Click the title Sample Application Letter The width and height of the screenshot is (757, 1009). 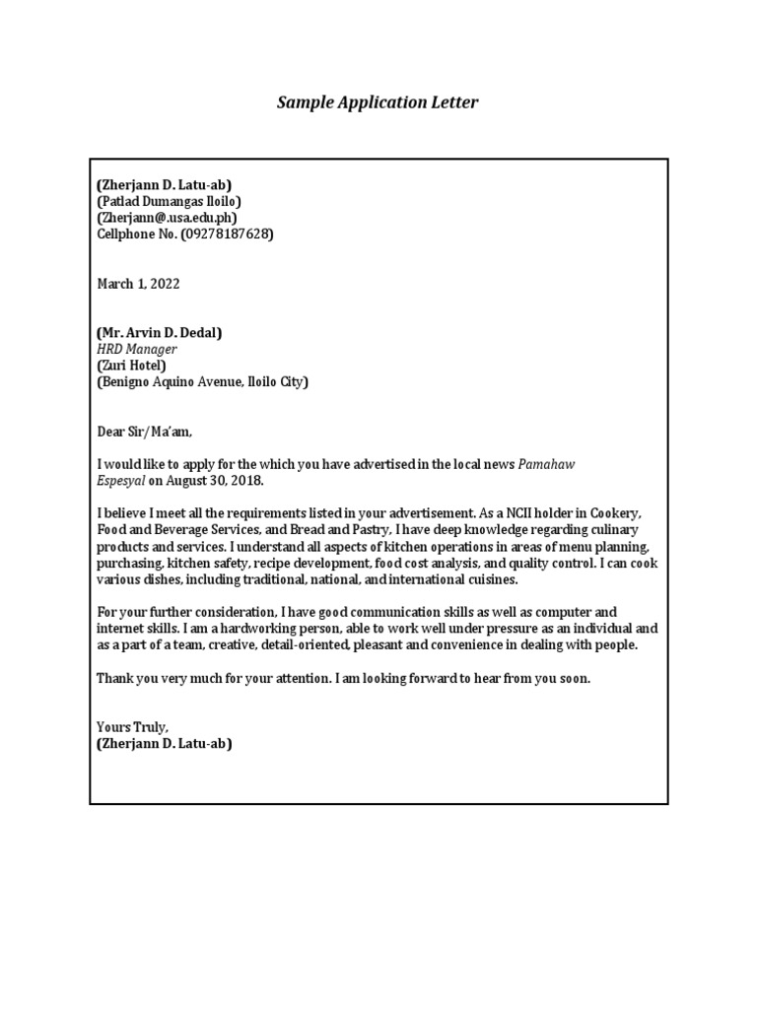coord(378,102)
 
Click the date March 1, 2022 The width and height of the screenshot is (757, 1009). coord(138,284)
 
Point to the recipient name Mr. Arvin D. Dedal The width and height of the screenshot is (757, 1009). coord(159,333)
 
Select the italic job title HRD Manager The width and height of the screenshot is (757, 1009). coord(136,349)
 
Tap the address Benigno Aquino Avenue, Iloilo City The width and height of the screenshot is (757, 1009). coord(202,382)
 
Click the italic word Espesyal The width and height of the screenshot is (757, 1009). coord(120,481)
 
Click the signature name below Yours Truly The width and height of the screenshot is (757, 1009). coord(164,744)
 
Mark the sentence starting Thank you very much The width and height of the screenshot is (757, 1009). coord(343,678)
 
